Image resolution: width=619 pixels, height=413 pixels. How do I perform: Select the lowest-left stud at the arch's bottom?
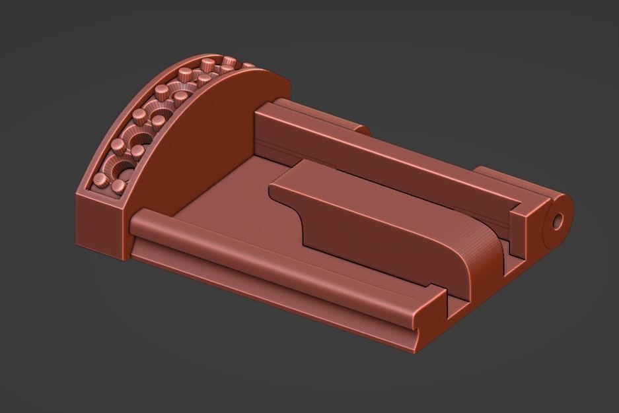[x=100, y=179]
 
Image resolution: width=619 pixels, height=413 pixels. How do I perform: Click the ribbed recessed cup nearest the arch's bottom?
[x=121, y=171]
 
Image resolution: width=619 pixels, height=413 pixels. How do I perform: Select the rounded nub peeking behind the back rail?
[x=360, y=129]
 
